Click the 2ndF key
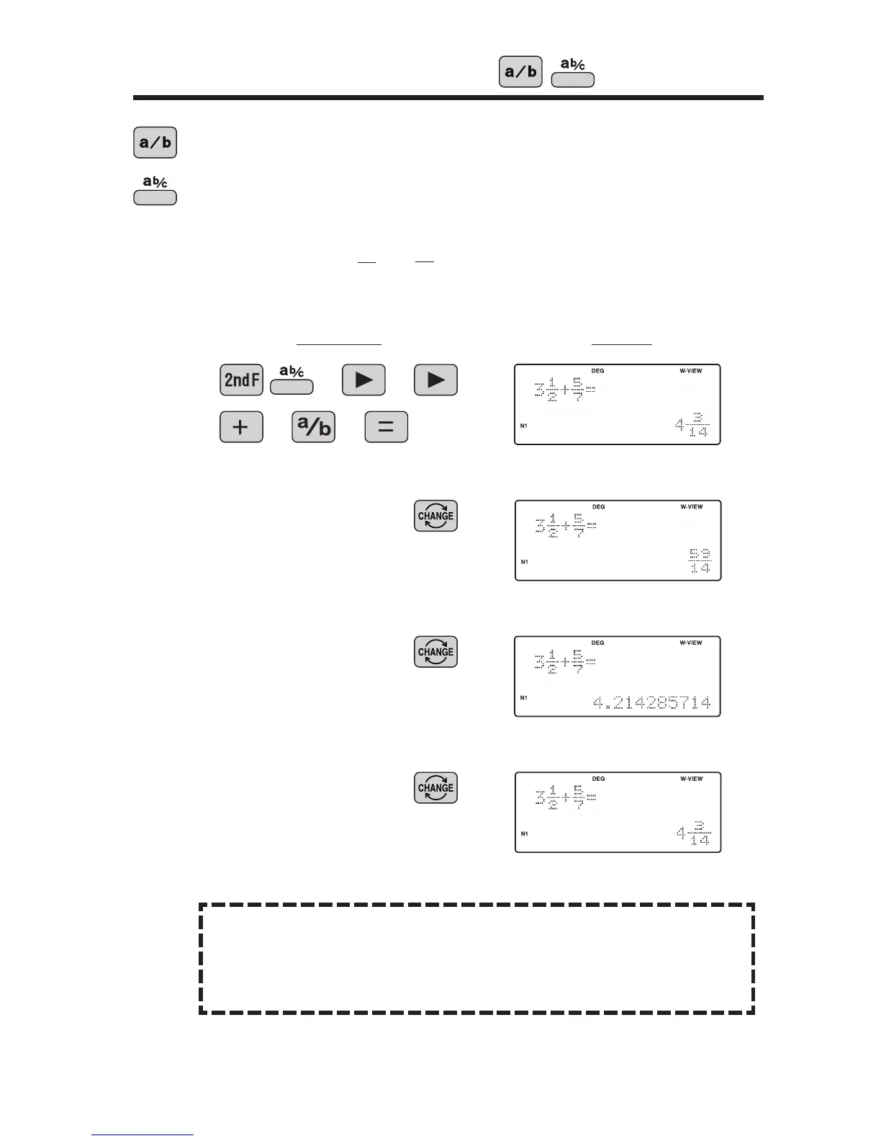[x=241, y=380]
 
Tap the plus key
[x=241, y=427]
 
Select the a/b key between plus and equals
[x=314, y=427]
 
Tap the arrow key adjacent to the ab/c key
[x=364, y=380]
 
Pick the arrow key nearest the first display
[x=436, y=380]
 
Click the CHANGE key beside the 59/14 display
[x=435, y=516]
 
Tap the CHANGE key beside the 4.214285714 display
[x=435, y=652]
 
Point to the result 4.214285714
[x=651, y=702]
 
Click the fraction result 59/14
[x=700, y=561]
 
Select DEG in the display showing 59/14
[x=598, y=506]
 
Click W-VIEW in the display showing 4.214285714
[x=691, y=643]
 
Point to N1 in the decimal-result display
[x=524, y=697]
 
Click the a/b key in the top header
[x=520, y=72]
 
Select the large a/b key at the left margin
[x=155, y=143]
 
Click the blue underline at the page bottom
[x=143, y=1135]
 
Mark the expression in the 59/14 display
[x=566, y=527]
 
